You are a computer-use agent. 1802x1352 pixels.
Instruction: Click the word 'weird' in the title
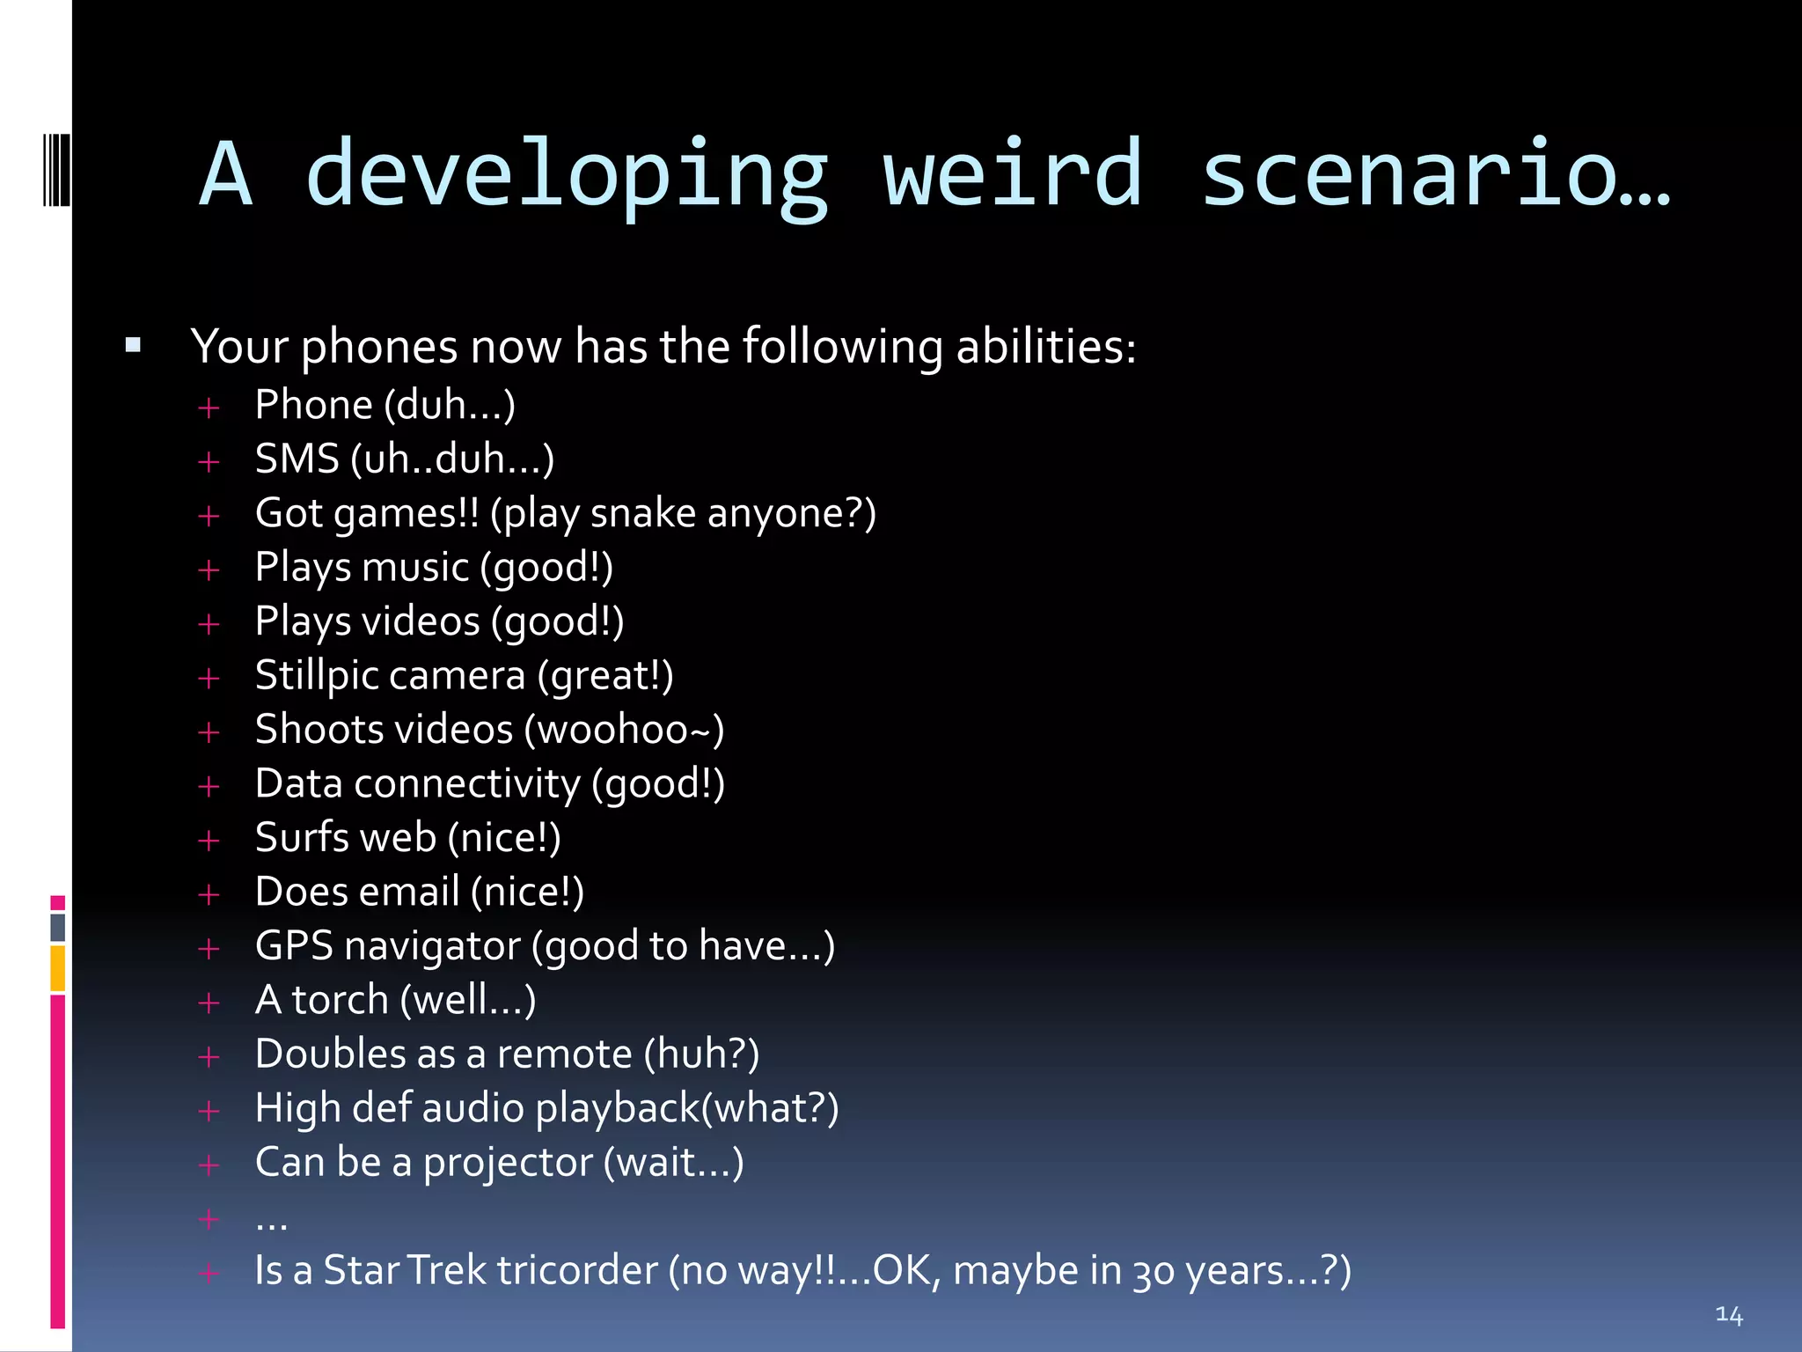[1013, 173]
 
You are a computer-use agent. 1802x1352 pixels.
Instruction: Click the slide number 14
[1728, 1315]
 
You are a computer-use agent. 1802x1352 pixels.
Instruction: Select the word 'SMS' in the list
[297, 459]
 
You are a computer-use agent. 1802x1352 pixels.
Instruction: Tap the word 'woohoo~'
[624, 730]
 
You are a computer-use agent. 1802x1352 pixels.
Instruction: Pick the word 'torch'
[340, 1000]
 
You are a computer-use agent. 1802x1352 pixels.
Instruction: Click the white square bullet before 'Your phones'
[133, 344]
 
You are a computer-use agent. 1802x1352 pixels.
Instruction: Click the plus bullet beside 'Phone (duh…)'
[209, 408]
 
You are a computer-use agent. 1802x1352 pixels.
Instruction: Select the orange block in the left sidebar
[57, 967]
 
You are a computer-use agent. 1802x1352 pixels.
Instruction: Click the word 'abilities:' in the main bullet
[1045, 346]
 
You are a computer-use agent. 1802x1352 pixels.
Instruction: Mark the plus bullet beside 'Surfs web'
[209, 840]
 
